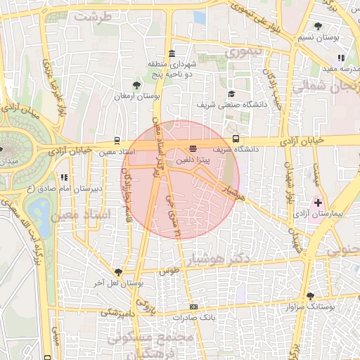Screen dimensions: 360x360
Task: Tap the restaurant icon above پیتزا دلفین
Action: coord(193,148)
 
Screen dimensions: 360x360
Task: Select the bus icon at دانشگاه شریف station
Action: coord(236,139)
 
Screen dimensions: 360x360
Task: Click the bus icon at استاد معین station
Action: coord(117,140)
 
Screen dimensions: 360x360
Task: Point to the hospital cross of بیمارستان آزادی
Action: coord(318,202)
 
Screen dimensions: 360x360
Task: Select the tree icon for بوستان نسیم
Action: coord(319,26)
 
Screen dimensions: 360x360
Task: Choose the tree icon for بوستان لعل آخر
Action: coord(117,272)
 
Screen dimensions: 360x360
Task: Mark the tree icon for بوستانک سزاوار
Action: coord(310,296)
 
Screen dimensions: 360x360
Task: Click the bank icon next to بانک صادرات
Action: coord(193,307)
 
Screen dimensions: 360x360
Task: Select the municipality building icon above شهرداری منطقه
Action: coord(172,54)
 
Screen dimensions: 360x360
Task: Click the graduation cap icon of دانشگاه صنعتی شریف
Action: coord(231,94)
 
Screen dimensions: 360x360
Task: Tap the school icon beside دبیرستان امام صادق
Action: coord(64,178)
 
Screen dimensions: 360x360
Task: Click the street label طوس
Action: coord(167,271)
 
